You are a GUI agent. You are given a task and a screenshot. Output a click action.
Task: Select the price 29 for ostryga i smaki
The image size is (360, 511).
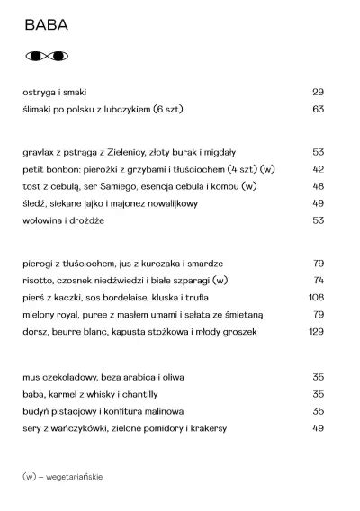(x=318, y=93)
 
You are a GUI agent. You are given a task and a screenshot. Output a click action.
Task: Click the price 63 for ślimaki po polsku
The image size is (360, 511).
(x=318, y=109)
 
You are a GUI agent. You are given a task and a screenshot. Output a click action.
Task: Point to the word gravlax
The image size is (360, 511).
(x=38, y=153)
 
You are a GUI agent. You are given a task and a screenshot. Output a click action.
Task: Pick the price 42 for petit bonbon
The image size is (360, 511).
(x=318, y=169)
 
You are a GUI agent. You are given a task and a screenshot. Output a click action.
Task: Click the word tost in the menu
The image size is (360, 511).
(x=31, y=186)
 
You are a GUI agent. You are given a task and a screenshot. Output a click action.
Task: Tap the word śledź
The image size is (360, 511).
(x=34, y=203)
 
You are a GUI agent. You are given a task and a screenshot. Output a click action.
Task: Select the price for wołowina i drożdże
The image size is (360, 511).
(x=318, y=220)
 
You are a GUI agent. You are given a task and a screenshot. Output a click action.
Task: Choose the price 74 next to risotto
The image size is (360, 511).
(x=318, y=281)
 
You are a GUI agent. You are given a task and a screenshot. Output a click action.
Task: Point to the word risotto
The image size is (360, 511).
(x=37, y=281)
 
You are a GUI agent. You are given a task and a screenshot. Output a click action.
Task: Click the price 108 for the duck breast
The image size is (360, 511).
(x=316, y=297)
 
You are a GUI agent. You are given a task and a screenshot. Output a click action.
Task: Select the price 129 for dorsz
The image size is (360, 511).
(x=316, y=331)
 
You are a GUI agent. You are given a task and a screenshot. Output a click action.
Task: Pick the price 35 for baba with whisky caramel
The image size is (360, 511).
(x=318, y=393)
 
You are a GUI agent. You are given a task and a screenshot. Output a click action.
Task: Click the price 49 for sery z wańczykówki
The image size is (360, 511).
(x=318, y=427)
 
